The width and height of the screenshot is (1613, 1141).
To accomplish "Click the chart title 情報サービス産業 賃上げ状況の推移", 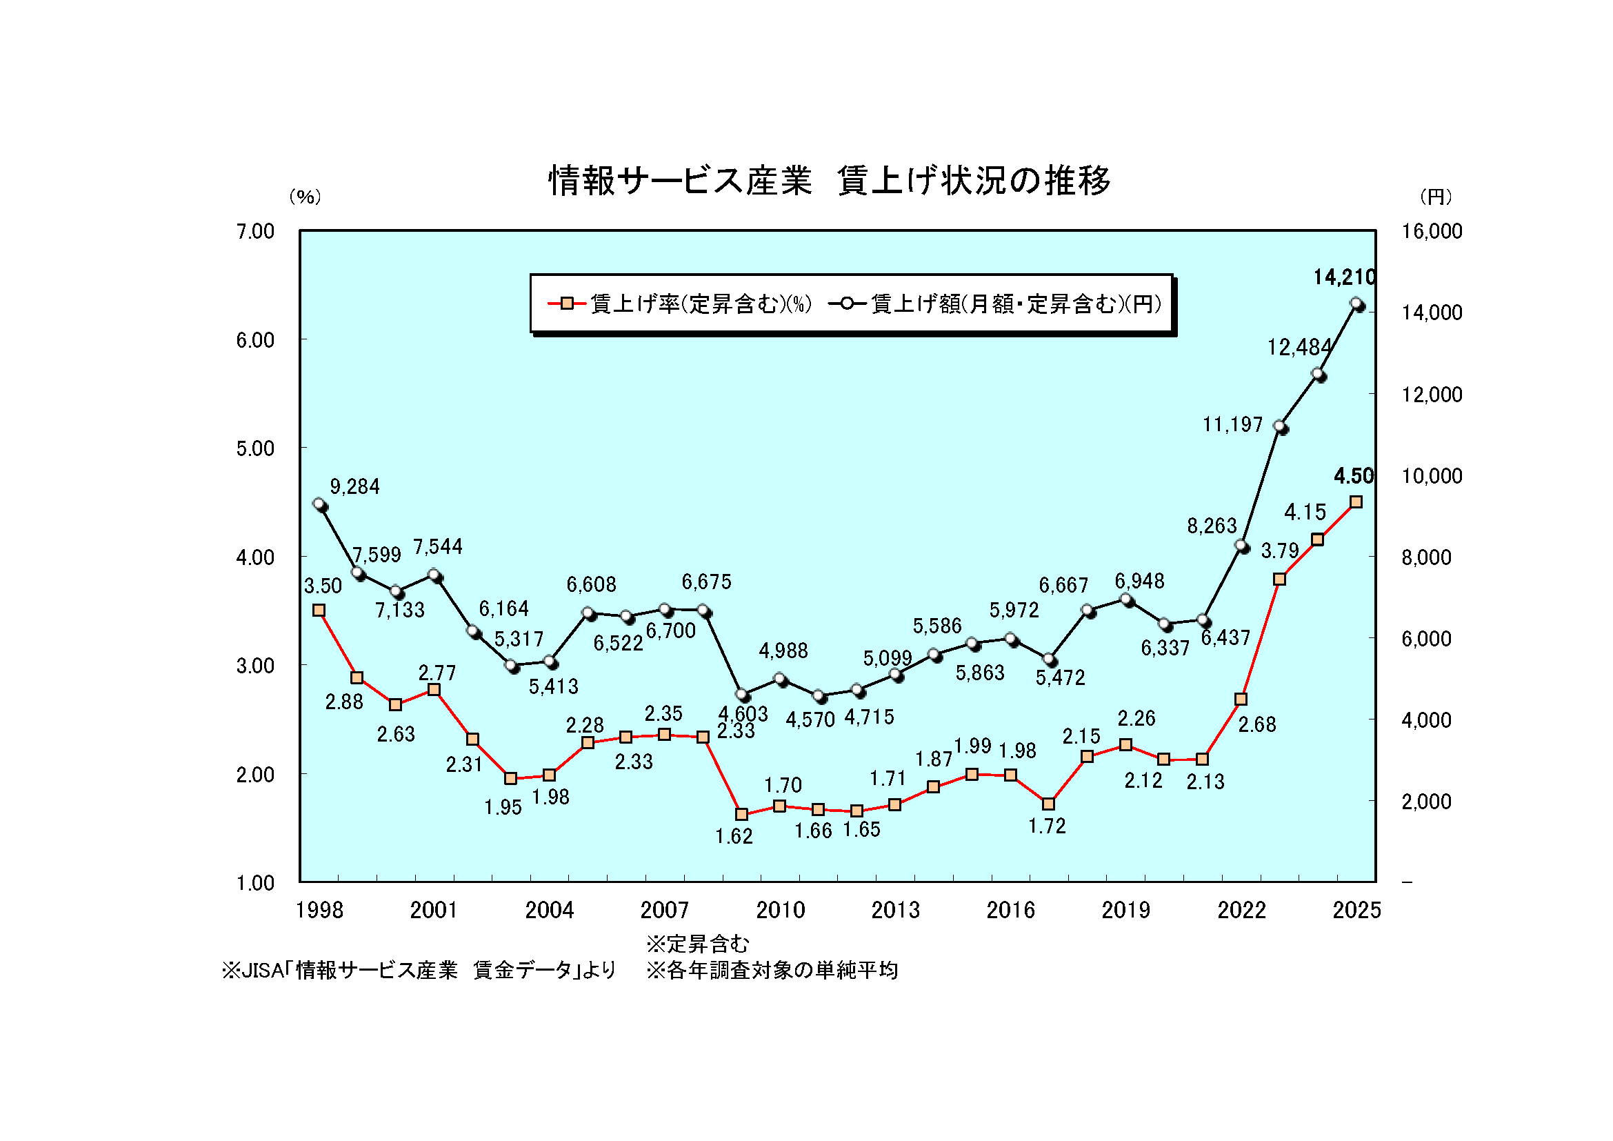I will [829, 181].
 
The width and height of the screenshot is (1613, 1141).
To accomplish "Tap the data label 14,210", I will [1344, 277].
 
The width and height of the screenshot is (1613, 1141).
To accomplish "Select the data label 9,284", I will [354, 486].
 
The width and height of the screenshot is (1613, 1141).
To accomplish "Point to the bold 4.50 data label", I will [1353, 476].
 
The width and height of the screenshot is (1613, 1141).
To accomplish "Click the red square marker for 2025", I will [1356, 502].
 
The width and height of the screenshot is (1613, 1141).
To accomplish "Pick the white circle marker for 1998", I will [320, 504].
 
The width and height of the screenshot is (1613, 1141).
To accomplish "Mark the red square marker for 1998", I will [319, 610].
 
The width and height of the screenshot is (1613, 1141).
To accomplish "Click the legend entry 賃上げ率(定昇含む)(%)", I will [680, 304].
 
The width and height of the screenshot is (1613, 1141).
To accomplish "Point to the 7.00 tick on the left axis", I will [255, 231].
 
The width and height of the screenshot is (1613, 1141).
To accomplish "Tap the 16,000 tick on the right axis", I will [1431, 231].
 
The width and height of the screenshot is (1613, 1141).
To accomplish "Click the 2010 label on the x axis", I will [780, 910].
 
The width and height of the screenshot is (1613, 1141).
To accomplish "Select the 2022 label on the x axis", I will [1241, 910].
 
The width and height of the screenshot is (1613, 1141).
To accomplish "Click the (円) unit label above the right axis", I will [1436, 197].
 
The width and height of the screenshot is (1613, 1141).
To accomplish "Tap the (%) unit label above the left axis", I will [305, 197].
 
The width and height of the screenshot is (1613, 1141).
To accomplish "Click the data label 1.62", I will [734, 836].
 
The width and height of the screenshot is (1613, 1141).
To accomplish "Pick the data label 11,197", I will [1232, 424].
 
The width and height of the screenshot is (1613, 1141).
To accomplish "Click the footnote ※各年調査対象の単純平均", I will [772, 971].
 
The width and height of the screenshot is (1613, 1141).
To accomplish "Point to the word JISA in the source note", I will [263, 971].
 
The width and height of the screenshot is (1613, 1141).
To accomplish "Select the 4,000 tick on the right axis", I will [1425, 720].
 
